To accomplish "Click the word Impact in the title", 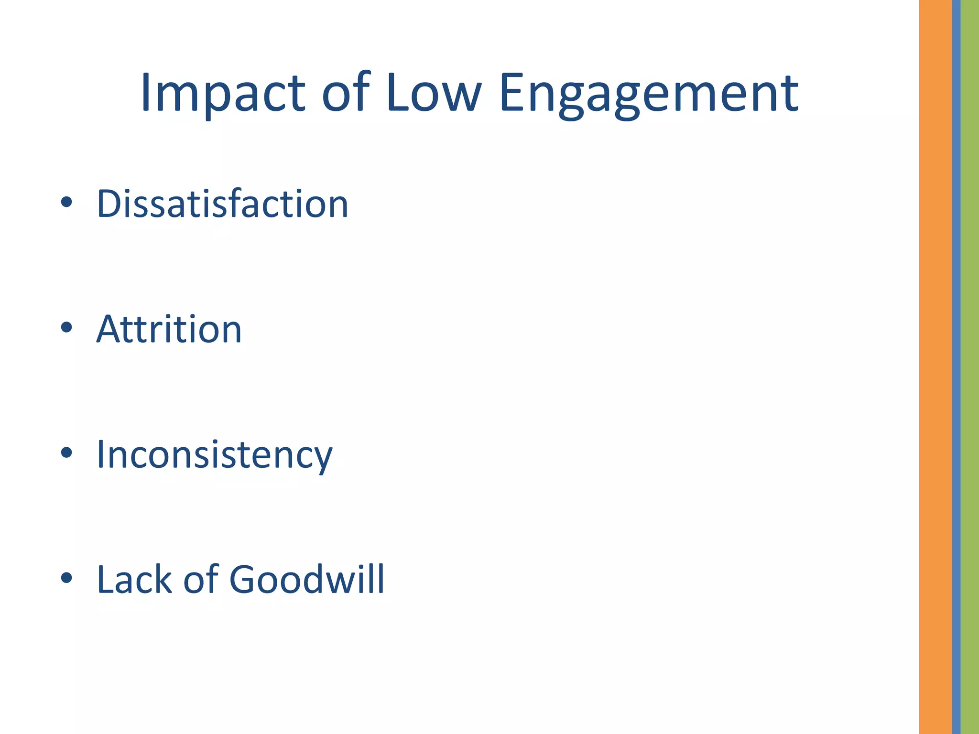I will [223, 93].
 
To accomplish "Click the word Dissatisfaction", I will [222, 204].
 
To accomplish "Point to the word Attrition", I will [169, 329].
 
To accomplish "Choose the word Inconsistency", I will [214, 455].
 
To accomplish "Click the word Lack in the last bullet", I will [134, 580].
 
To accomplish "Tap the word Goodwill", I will [307, 580].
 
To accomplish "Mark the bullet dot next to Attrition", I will [66, 327].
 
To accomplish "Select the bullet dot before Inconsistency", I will [66, 453].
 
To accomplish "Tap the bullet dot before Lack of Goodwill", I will [66, 578].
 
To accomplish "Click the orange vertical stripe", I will [935, 367].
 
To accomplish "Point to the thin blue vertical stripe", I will [956, 367].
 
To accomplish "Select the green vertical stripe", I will [970, 367].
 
